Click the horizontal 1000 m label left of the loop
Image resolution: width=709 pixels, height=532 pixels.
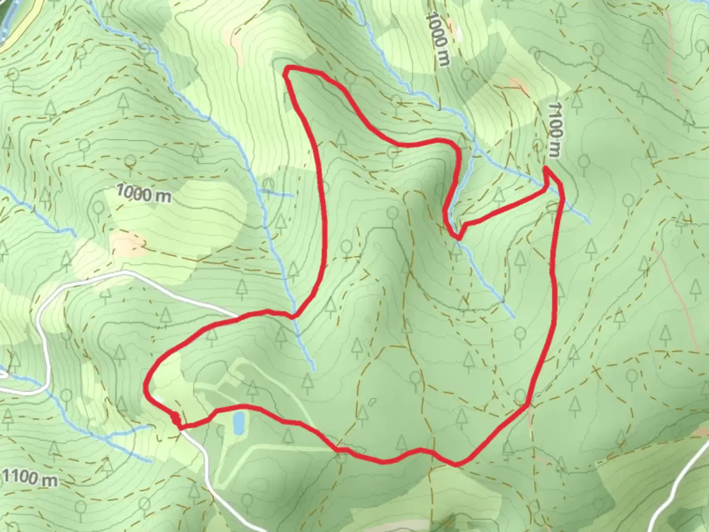144,194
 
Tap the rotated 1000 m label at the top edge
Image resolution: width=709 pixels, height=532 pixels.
438,39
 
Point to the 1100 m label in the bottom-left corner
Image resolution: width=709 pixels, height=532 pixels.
30,477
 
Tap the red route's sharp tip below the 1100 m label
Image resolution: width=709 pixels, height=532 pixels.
546,170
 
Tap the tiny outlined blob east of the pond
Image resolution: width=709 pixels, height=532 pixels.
372,401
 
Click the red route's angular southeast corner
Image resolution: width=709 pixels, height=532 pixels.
528,405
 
